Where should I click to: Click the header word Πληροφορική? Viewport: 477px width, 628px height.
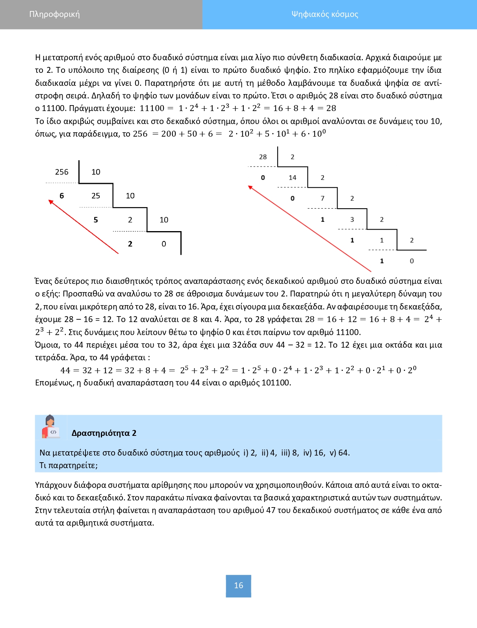click(54, 14)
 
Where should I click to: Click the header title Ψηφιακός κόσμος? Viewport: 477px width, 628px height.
click(325, 14)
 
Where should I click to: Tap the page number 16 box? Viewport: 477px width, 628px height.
click(238, 585)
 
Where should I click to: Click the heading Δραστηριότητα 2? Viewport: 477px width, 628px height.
click(104, 433)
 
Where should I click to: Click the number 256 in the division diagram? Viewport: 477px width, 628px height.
click(61, 172)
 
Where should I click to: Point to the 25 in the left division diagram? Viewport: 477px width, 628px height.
click(96, 196)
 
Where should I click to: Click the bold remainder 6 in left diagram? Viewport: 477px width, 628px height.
click(61, 196)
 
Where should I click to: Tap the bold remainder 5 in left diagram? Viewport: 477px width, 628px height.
click(96, 220)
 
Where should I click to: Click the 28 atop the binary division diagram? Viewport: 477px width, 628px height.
click(263, 157)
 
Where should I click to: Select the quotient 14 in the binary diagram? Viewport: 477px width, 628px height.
click(292, 178)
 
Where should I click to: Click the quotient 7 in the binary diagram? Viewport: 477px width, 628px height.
click(322, 198)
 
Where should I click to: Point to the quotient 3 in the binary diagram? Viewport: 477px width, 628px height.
click(352, 219)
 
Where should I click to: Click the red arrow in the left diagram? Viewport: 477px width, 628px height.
click(84, 227)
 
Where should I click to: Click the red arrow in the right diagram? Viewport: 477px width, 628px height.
click(310, 229)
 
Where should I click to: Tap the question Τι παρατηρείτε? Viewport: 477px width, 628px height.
click(69, 465)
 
